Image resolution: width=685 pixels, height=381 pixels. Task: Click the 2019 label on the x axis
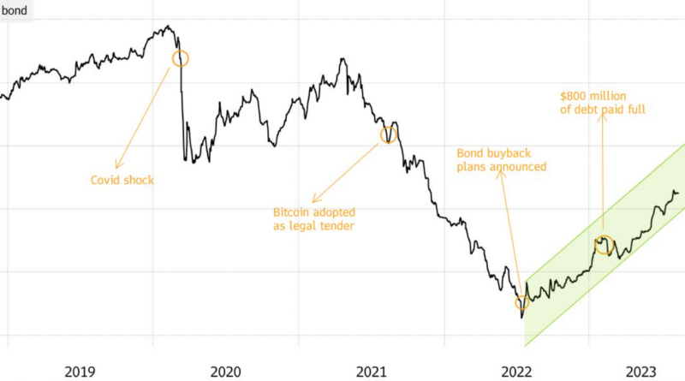[80, 371]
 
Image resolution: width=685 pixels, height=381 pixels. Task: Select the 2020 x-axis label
[226, 371]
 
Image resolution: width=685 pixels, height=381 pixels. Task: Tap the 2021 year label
[372, 371]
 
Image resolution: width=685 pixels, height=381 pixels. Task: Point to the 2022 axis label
[517, 371]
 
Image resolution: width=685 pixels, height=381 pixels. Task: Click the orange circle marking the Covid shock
[180, 58]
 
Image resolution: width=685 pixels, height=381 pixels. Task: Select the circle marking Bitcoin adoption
[389, 134]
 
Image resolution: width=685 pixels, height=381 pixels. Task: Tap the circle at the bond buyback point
[522, 302]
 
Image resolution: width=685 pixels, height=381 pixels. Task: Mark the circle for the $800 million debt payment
[605, 245]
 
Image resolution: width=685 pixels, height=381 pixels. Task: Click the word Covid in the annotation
[107, 180]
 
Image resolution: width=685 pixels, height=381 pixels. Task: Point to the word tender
[338, 227]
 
